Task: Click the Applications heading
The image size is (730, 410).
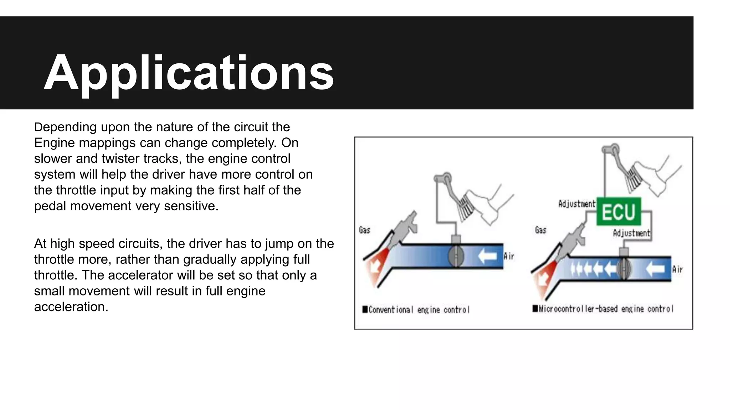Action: click(189, 73)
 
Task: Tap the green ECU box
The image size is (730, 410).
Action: click(618, 211)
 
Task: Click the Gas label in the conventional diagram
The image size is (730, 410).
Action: click(364, 230)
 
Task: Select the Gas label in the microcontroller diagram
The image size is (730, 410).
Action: click(540, 230)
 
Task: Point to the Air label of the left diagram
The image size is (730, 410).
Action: click(509, 256)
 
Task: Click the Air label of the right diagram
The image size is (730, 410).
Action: click(677, 269)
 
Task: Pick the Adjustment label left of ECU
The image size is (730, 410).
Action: click(576, 204)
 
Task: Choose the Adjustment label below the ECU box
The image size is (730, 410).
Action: click(631, 233)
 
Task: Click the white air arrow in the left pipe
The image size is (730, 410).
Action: click(487, 256)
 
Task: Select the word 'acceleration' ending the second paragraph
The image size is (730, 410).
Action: click(71, 306)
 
